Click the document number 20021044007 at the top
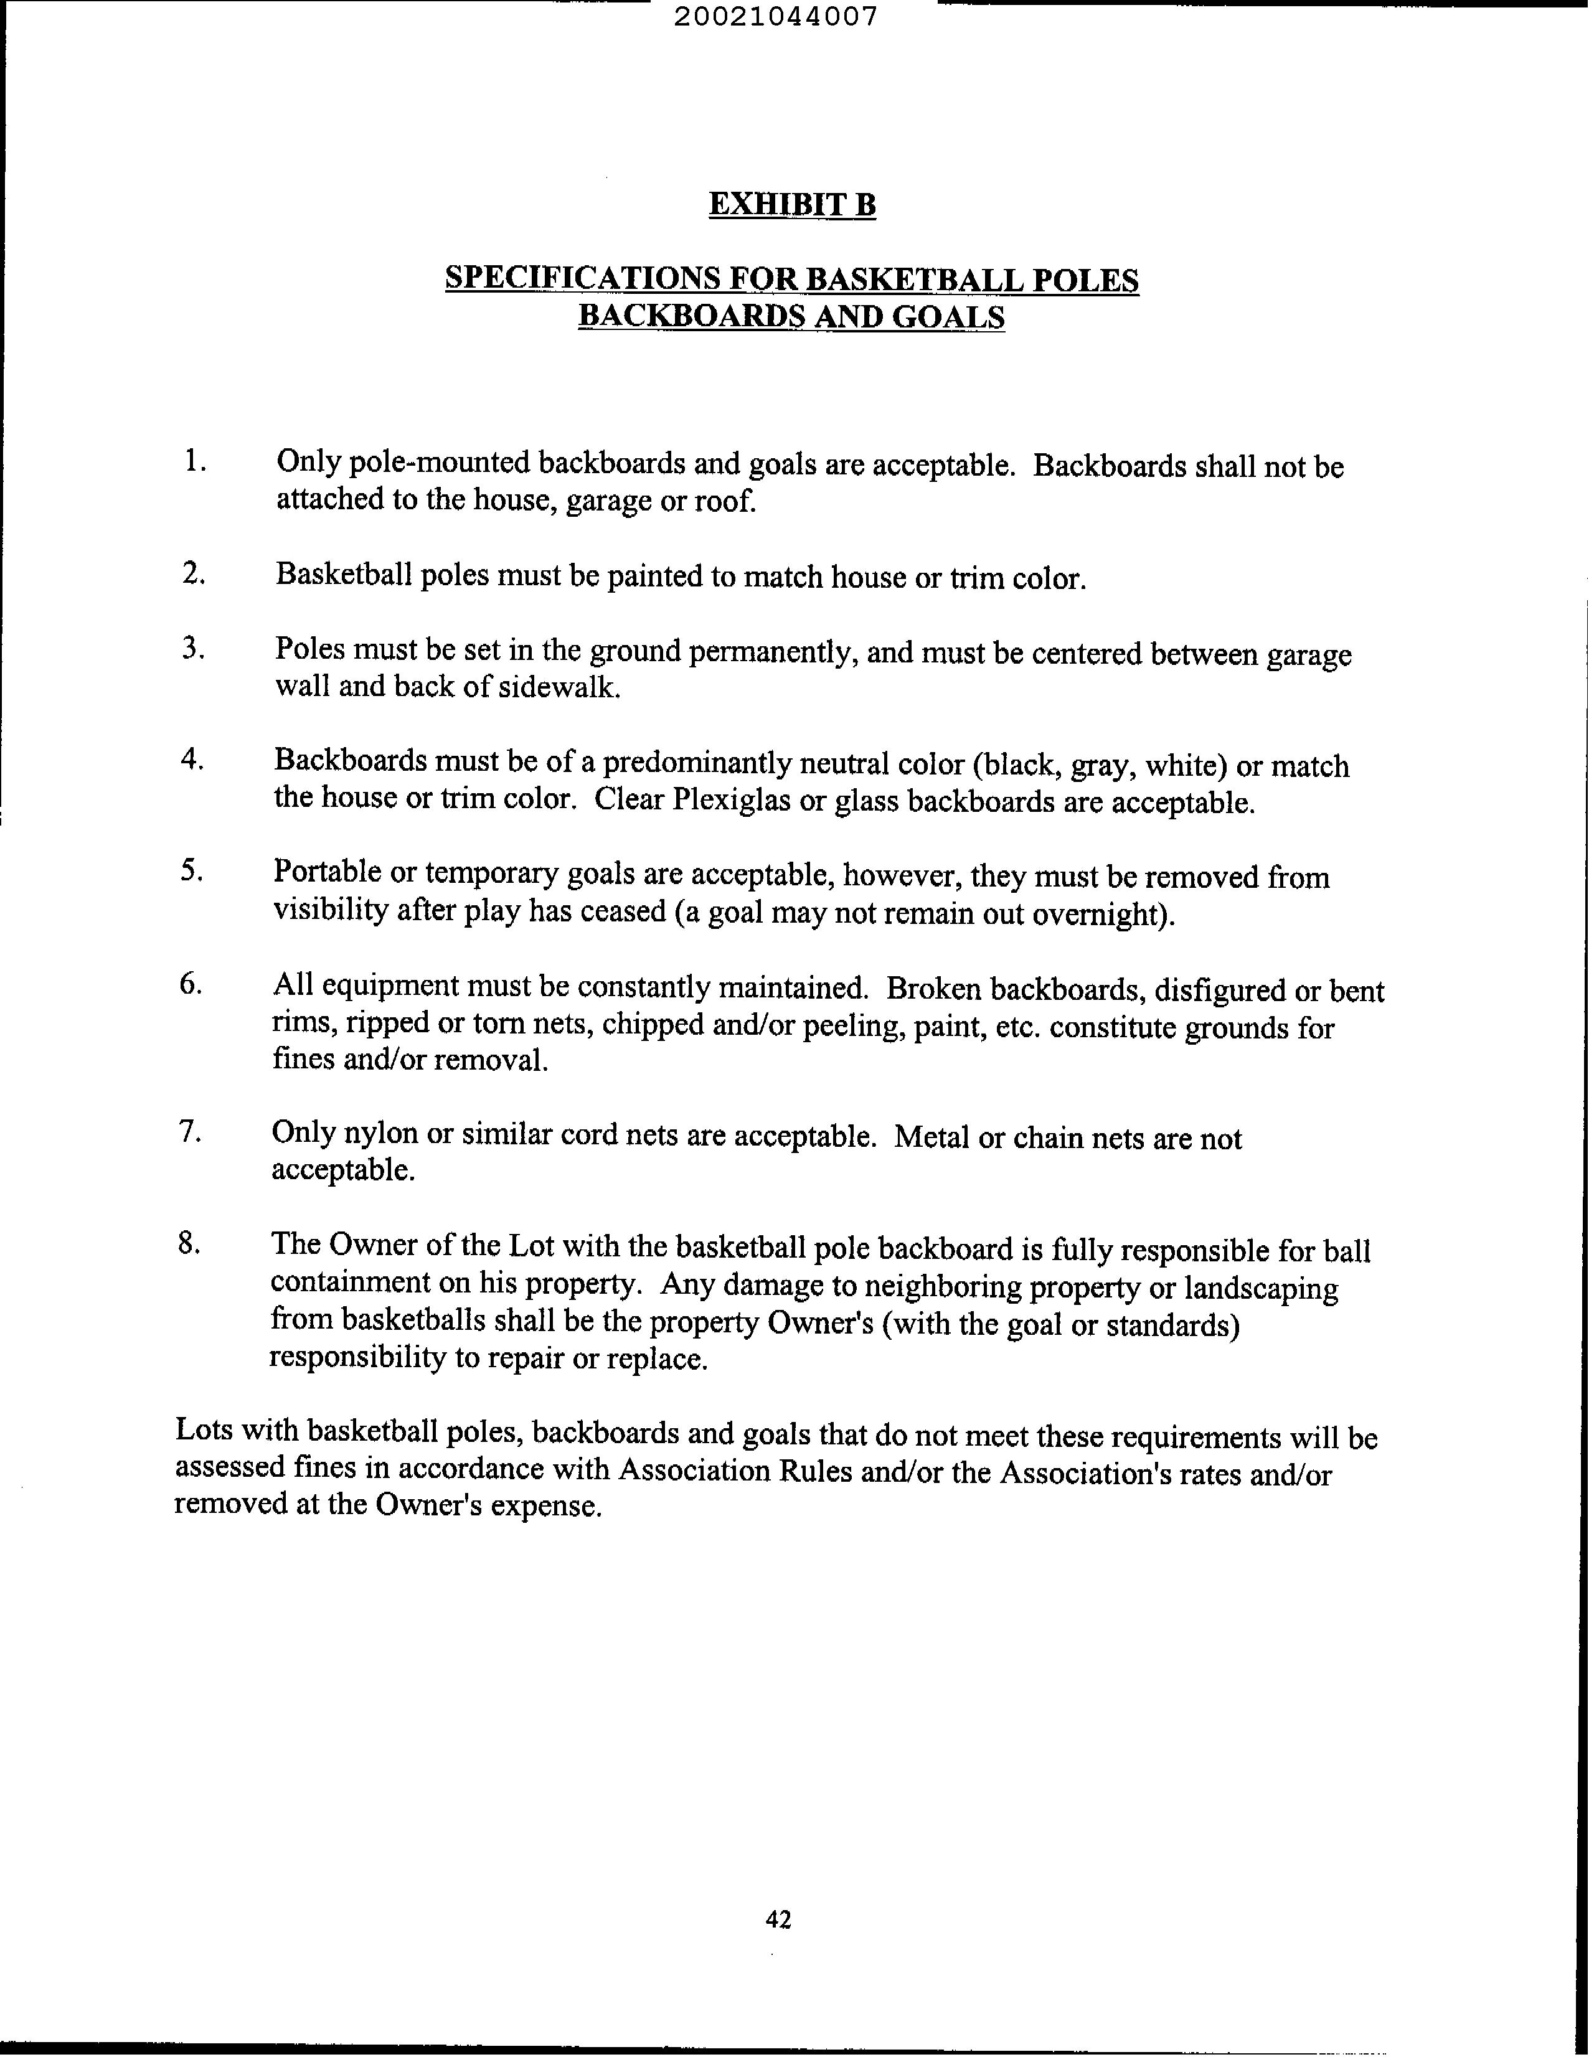click(776, 17)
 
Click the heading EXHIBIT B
click(792, 204)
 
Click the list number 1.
click(194, 462)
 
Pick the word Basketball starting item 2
click(344, 575)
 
